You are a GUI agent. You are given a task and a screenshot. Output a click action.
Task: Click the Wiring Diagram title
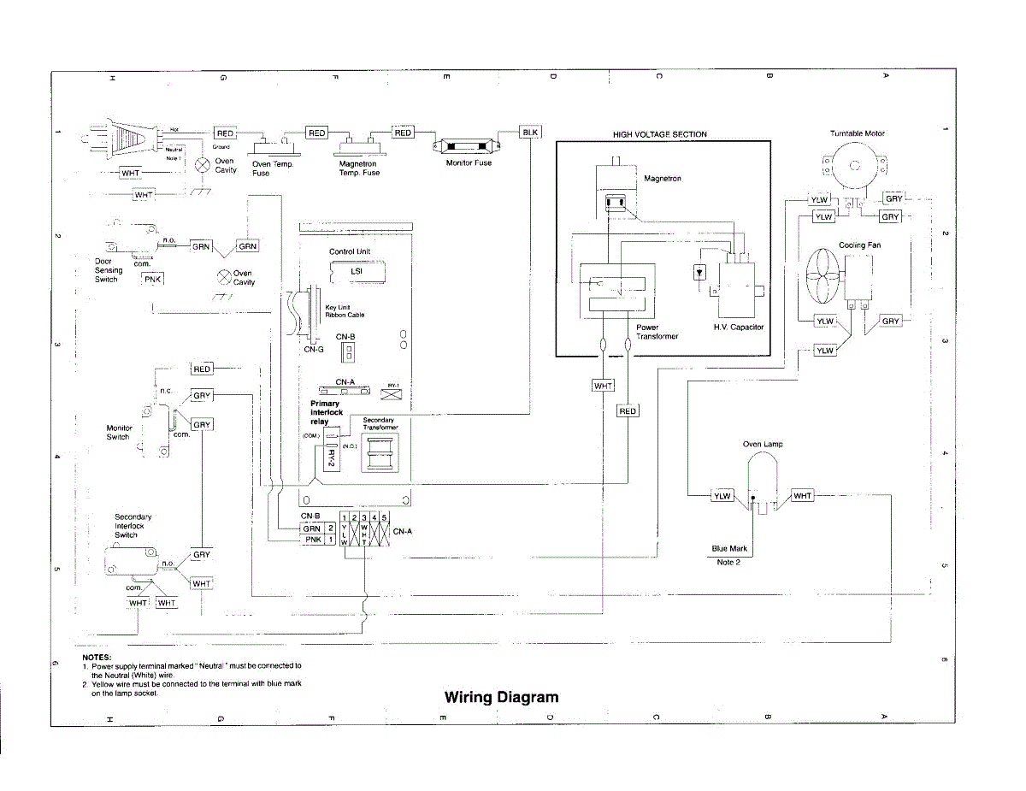coord(501,697)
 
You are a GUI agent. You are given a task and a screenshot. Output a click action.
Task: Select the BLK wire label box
coord(530,133)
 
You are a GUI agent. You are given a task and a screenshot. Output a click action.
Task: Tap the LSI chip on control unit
coord(357,272)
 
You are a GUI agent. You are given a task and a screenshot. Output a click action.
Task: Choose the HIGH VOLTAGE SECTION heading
coord(659,134)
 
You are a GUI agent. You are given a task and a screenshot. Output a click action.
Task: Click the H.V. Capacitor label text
coord(739,328)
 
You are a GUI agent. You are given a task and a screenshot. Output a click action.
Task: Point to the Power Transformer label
coord(657,332)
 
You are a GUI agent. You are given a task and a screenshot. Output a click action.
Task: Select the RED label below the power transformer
coord(627,411)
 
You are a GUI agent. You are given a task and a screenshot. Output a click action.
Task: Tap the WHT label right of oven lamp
coord(802,496)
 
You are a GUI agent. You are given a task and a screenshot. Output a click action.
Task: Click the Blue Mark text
coord(729,548)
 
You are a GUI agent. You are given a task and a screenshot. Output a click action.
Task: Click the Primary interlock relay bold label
coord(326,412)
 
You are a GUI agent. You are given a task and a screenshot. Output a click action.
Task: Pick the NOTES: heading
coord(97,657)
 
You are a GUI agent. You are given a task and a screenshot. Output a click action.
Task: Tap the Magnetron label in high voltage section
coord(662,179)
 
